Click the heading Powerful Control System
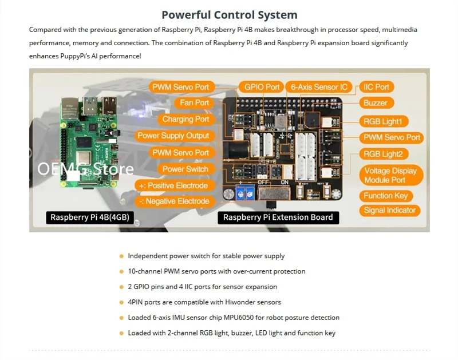point(229,15)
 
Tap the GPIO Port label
point(262,87)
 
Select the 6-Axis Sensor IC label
point(319,87)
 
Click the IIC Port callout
point(376,87)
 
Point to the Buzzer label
point(376,103)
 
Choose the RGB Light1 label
point(383,121)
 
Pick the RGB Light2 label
point(383,154)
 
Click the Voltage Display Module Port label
point(390,175)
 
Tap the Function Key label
point(386,196)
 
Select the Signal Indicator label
point(390,210)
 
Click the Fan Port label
point(194,103)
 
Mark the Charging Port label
point(185,119)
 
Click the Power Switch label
point(185,169)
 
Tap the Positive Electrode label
point(173,185)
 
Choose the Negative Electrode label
point(173,201)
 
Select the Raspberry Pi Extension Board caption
point(278,217)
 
